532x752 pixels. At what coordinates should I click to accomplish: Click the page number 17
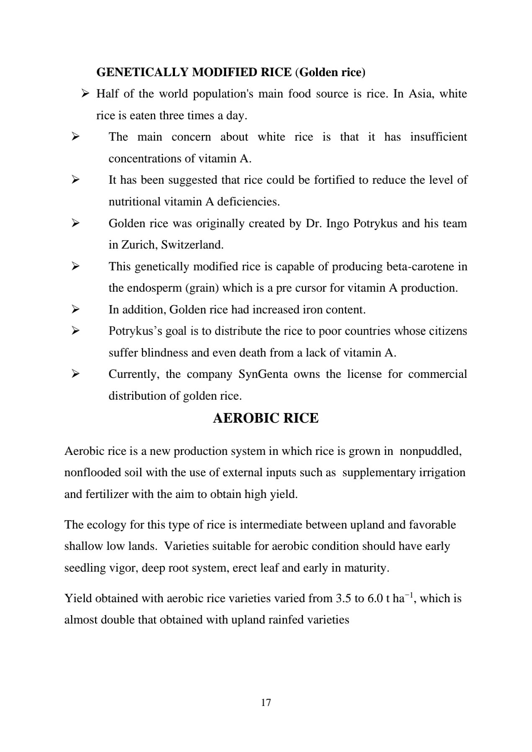click(x=266, y=703)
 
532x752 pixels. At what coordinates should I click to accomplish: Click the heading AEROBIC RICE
click(x=266, y=418)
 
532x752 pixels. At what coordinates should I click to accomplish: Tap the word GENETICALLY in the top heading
click(x=142, y=72)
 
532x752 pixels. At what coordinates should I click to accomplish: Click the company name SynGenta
click(x=263, y=374)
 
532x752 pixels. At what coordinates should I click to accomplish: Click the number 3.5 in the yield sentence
click(x=344, y=598)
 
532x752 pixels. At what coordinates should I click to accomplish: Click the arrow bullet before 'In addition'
click(x=75, y=310)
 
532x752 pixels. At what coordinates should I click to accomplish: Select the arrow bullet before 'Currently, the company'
click(x=75, y=374)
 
